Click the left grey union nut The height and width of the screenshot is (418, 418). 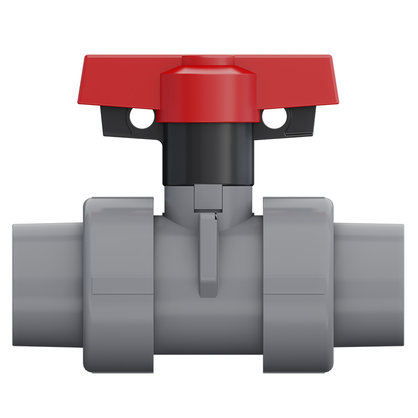coord(118,285)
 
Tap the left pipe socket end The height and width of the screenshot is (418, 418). coord(47,285)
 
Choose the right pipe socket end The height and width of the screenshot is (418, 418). coord(369,285)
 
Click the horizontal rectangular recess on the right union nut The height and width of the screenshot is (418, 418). coord(294,285)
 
